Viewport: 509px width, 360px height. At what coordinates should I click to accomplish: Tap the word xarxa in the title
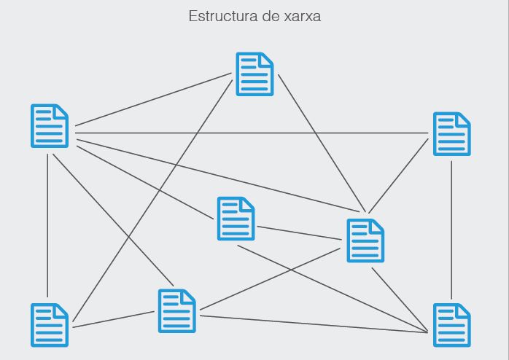303,16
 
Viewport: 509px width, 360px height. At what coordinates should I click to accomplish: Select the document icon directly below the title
254,74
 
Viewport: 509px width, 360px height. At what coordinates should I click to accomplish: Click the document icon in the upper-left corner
50,126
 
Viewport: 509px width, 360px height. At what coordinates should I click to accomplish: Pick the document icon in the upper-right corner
451,134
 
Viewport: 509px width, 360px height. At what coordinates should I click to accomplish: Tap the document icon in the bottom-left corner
50,325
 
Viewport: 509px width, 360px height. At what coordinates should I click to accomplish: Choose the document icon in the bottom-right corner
452,325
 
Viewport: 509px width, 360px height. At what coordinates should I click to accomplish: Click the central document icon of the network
236,219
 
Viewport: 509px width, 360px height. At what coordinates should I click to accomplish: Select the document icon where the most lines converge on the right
365,240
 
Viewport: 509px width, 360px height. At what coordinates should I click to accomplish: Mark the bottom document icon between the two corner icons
177,311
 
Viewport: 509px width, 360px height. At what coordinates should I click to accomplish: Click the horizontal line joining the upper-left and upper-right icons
248,133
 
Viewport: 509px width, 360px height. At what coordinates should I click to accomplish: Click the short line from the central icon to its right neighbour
299,232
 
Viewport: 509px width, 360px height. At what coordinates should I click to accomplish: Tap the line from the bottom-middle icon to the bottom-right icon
314,324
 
